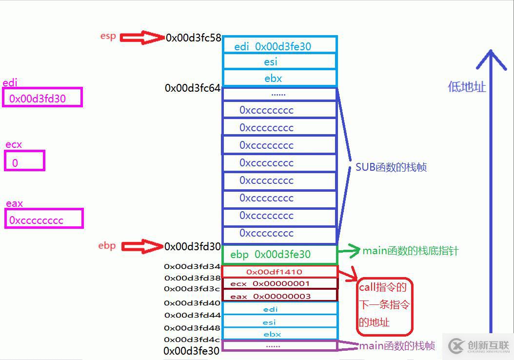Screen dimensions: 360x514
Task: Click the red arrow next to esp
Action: click(x=141, y=38)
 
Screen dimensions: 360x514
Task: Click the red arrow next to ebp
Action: click(x=141, y=247)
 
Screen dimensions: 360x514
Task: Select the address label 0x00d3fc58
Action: click(x=194, y=38)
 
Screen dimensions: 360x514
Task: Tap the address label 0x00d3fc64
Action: click(x=193, y=88)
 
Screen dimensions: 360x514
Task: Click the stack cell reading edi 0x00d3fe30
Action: click(x=279, y=46)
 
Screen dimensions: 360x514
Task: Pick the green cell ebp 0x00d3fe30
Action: click(x=279, y=254)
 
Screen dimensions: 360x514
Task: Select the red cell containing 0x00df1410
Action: click(x=279, y=272)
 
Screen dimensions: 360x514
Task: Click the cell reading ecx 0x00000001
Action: click(x=279, y=283)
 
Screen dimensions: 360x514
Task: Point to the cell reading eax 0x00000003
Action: click(x=279, y=296)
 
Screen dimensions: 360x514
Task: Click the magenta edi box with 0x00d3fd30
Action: click(x=42, y=98)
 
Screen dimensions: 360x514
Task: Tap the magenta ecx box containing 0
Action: click(x=24, y=161)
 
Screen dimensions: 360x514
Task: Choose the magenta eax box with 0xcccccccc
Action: click(x=44, y=219)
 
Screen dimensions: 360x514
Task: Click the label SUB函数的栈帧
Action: click(x=391, y=167)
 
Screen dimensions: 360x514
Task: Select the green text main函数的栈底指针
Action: click(x=411, y=251)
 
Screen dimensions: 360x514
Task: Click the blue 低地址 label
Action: click(x=467, y=87)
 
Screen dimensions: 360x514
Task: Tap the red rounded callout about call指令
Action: click(x=384, y=306)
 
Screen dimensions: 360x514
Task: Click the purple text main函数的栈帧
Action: click(x=397, y=346)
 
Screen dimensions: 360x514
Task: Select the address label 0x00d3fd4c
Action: click(x=192, y=340)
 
